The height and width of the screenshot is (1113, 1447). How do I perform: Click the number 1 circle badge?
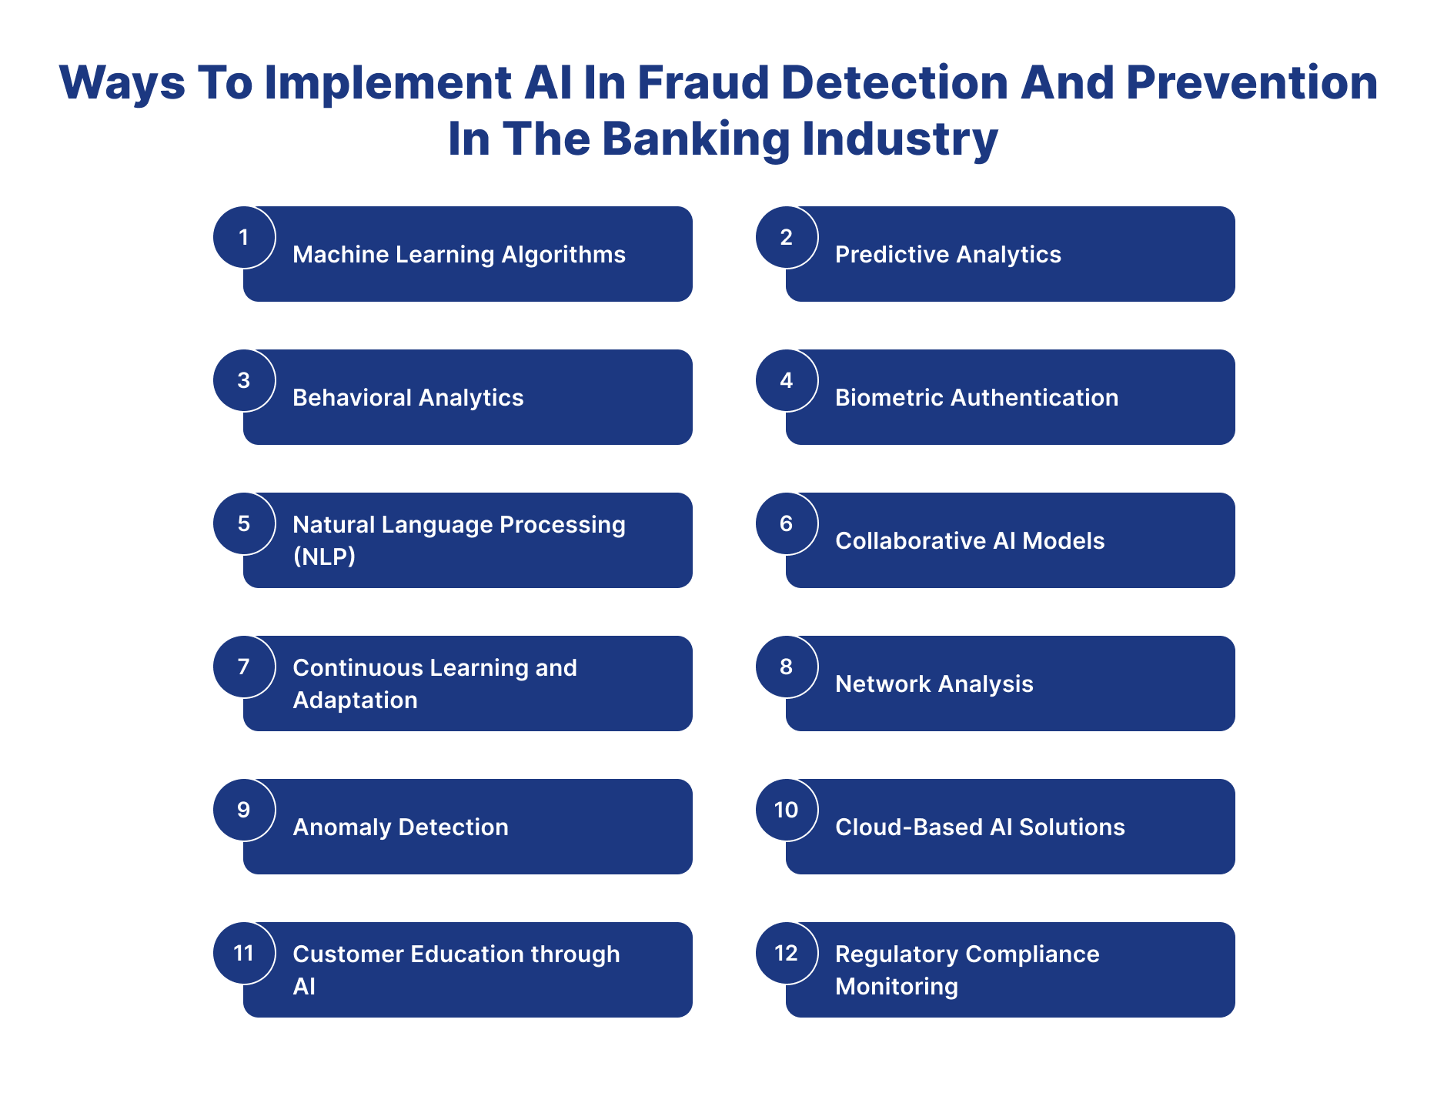(x=244, y=237)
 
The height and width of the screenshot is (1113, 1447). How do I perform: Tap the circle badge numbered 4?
(x=787, y=380)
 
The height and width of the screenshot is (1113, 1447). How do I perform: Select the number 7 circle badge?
(x=244, y=667)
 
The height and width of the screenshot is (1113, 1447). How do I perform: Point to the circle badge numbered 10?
(x=787, y=810)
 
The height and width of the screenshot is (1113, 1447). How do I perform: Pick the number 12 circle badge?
(x=787, y=953)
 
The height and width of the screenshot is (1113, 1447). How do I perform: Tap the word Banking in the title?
(x=696, y=139)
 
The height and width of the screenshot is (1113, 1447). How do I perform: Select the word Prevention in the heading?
(x=1252, y=82)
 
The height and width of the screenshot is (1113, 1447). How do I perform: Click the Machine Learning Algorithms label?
(x=459, y=255)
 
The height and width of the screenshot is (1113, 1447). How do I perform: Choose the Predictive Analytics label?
(x=947, y=255)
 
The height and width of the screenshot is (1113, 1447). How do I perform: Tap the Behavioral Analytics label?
(x=408, y=398)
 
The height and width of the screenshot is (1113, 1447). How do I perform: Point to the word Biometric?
(x=890, y=398)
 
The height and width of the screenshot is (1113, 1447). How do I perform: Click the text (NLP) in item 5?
(x=324, y=556)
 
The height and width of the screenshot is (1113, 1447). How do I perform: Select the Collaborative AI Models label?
(x=970, y=541)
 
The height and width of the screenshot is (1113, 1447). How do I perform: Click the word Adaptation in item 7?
(x=355, y=700)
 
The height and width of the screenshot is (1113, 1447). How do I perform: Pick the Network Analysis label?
(x=934, y=684)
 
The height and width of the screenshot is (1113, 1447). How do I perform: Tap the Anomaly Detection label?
(x=400, y=827)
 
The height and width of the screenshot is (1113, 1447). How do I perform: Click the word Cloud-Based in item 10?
(x=909, y=827)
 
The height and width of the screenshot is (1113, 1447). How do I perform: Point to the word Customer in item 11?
(x=348, y=954)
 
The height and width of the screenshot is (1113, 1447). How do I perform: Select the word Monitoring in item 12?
(x=897, y=987)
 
